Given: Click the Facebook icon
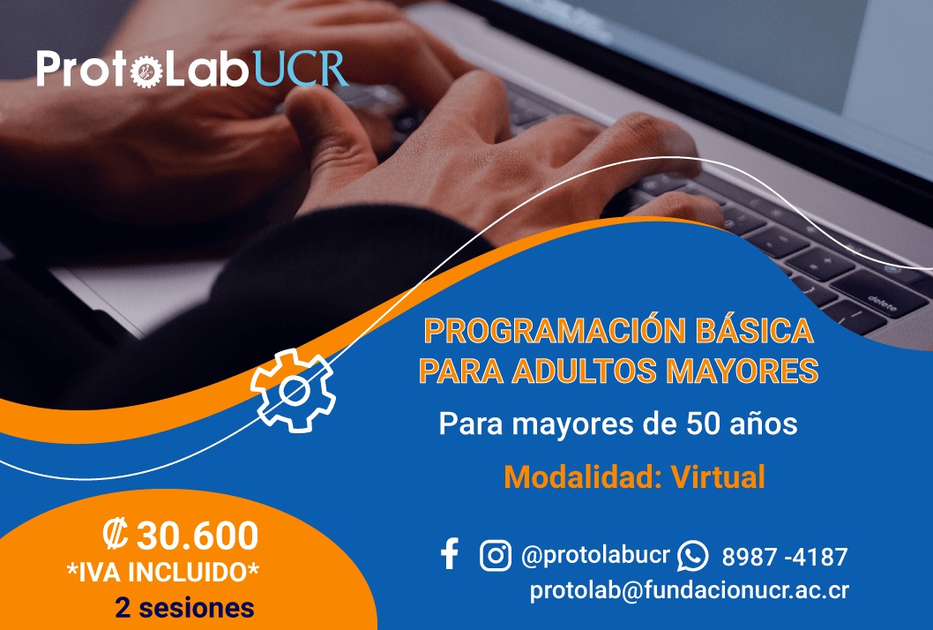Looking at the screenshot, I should (450, 554).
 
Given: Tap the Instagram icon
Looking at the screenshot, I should (496, 555).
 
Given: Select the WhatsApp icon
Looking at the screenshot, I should (692, 556).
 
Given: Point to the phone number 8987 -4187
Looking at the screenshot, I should (784, 558).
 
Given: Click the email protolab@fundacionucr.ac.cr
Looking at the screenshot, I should (689, 590).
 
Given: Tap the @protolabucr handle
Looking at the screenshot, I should (595, 556).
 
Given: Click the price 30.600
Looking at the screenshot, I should (198, 536).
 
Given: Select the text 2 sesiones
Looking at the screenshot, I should (184, 608).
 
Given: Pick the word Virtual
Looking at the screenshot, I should (718, 477).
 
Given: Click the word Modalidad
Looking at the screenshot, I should (582, 477).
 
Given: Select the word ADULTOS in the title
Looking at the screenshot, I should (565, 370).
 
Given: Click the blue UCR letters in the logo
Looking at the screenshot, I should (302, 70).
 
